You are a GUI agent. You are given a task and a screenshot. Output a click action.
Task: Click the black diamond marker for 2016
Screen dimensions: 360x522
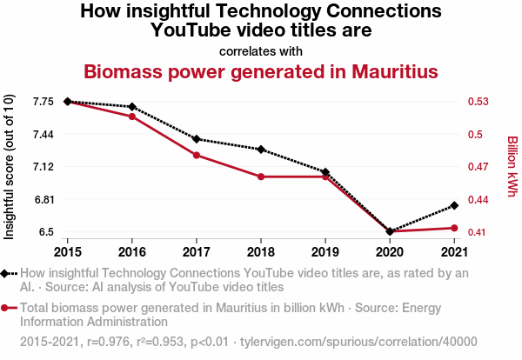[132, 107]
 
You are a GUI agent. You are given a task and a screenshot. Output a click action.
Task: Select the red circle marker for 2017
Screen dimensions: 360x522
[197, 155]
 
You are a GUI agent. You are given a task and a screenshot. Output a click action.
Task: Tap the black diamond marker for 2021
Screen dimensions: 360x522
[454, 205]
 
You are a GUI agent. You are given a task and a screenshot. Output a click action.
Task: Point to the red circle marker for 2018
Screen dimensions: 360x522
[261, 177]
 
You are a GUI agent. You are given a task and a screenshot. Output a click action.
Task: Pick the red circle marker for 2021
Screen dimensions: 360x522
[454, 228]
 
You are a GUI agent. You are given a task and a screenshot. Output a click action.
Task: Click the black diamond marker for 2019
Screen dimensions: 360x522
[325, 172]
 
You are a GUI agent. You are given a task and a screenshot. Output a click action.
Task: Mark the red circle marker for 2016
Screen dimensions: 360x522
[132, 117]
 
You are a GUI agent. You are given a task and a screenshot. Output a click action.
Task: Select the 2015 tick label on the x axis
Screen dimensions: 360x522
[68, 252]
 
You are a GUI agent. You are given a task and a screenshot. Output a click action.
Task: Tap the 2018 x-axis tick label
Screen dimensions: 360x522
[261, 252]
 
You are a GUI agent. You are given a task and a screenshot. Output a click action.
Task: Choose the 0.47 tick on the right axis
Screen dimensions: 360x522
[479, 166]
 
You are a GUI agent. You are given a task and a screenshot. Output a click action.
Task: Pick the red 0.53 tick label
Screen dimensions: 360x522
[479, 102]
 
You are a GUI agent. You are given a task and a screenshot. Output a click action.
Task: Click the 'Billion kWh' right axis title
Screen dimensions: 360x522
[512, 166]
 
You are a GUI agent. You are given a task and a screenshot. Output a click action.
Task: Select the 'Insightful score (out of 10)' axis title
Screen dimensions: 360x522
[10, 166]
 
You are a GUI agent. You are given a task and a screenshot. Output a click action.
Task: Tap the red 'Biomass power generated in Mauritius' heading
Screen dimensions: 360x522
[261, 70]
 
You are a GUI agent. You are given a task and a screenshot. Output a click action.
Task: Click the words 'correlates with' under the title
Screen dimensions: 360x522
[261, 50]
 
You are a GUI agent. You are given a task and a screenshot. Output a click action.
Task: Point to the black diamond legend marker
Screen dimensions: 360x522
[6, 273]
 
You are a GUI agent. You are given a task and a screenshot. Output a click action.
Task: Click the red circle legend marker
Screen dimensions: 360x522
[6, 307]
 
